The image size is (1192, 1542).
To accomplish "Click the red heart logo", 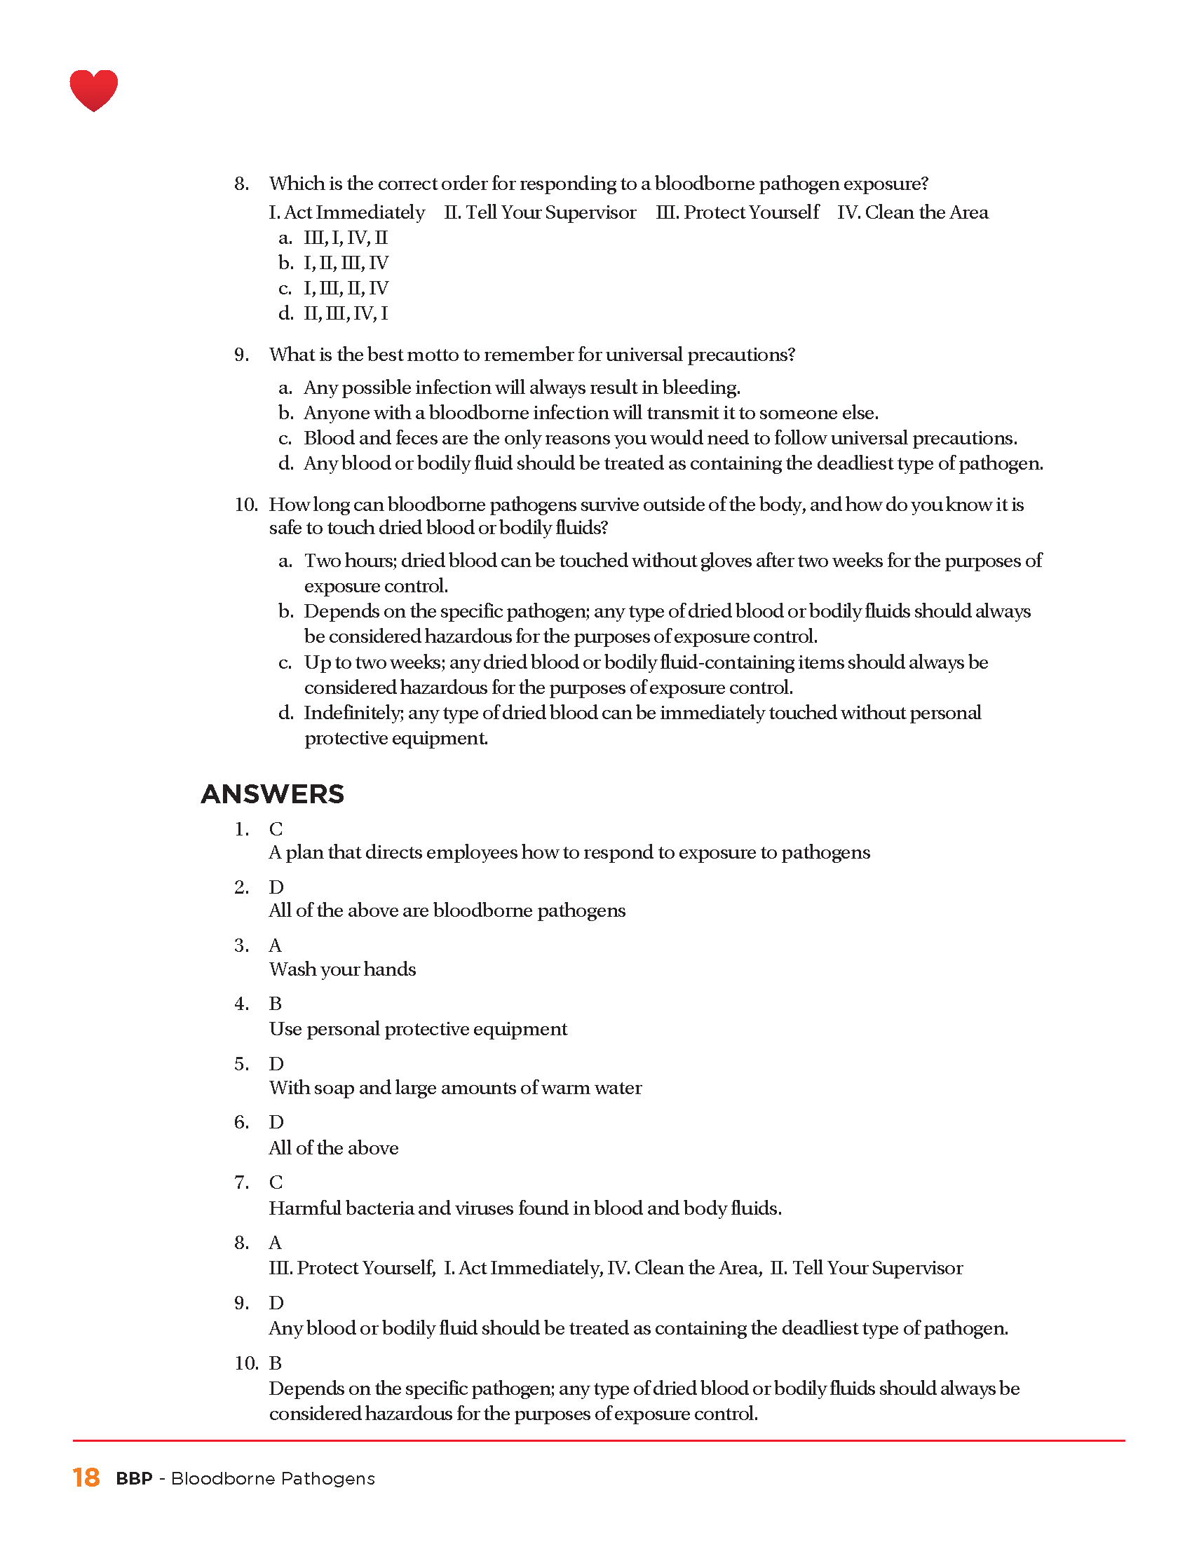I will (93, 90).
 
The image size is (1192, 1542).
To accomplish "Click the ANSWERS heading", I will (272, 794).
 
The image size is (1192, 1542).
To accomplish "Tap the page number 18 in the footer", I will (86, 1478).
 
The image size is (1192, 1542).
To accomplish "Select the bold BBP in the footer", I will (134, 1478).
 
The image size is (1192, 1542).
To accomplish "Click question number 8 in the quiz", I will (241, 184).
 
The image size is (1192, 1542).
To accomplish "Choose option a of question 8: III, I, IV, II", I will (345, 238).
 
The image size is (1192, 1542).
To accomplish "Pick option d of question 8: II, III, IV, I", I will (345, 313).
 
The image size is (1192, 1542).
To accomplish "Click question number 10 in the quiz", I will (246, 505).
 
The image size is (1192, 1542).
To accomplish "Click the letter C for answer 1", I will (276, 829).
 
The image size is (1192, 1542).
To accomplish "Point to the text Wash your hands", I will (342, 969).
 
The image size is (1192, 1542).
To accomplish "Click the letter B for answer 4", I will (276, 1004).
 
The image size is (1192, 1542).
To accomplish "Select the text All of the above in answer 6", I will (333, 1148).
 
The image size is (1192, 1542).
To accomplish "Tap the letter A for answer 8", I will (276, 1243).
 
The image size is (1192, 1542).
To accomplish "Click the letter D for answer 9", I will (276, 1303).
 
